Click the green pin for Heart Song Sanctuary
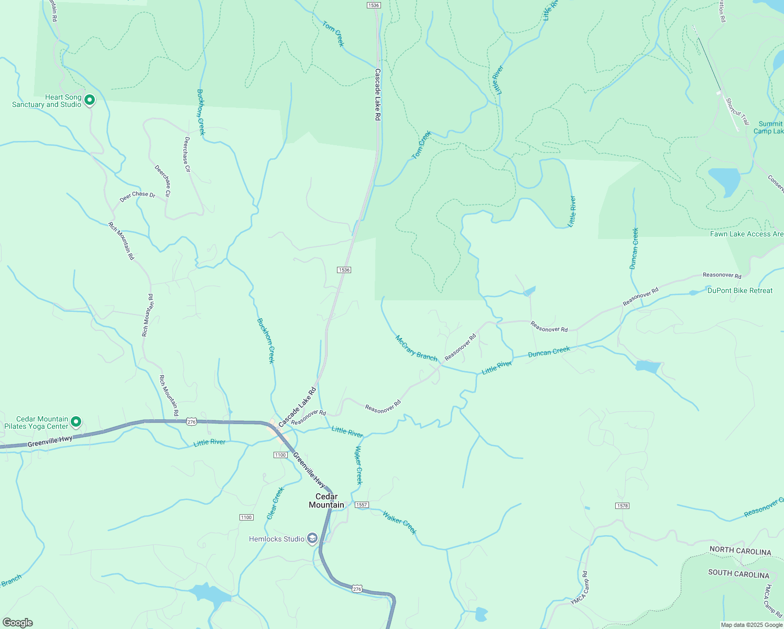coord(89,100)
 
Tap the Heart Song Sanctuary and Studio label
coord(47,101)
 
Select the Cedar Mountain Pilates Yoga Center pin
coord(76,421)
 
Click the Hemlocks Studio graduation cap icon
coord(312,538)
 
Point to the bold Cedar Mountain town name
coord(326,501)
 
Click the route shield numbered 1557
coord(362,505)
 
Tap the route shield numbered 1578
coord(622,506)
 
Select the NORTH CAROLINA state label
coord(740,551)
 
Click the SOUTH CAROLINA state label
coord(738,574)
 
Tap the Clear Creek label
coord(275,503)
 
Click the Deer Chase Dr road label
coord(137,197)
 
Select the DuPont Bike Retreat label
coord(739,290)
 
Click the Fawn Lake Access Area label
coord(747,234)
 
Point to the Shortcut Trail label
coord(737,114)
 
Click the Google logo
coord(17,623)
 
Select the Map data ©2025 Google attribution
coord(752,625)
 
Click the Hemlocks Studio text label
coord(277,539)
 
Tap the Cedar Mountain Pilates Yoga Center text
coord(36,422)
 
